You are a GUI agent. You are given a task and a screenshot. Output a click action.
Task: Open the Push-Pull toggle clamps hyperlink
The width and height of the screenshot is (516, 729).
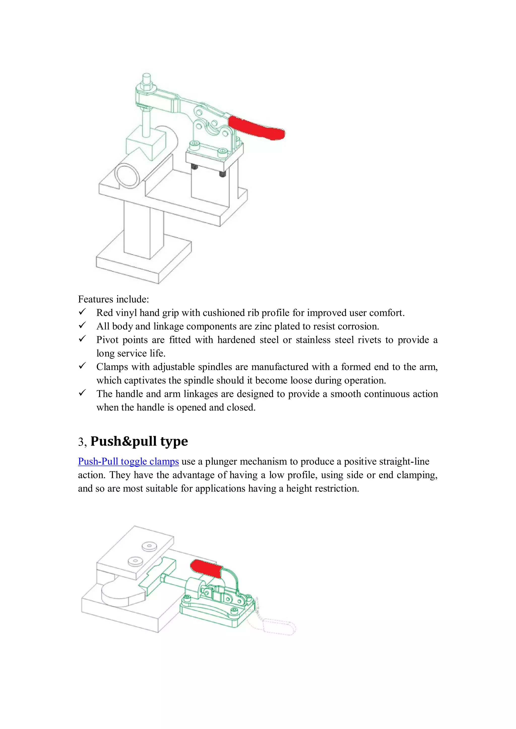click(x=128, y=461)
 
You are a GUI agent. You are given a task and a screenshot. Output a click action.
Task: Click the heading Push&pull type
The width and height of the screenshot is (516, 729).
click(x=139, y=441)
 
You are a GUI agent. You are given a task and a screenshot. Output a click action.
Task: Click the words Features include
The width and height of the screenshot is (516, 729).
click(x=113, y=299)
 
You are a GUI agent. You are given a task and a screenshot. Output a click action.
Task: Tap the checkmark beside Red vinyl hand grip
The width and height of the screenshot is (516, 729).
click(x=82, y=312)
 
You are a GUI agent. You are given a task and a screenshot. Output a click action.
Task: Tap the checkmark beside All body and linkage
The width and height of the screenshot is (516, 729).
click(x=82, y=325)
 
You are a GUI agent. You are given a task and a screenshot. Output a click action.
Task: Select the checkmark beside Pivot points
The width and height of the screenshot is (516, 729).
click(x=82, y=339)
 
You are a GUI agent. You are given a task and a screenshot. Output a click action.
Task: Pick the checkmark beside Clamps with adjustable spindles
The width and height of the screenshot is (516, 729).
click(x=82, y=366)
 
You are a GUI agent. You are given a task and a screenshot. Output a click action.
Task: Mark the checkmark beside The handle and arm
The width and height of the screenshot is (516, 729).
click(x=82, y=393)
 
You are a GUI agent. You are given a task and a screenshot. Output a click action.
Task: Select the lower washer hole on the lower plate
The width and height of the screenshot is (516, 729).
click(x=135, y=561)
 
